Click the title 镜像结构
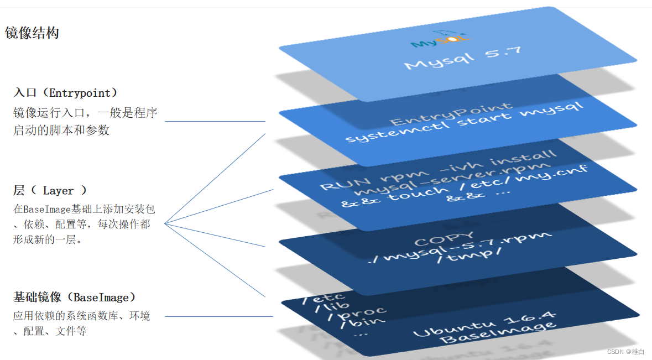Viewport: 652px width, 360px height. click(32, 33)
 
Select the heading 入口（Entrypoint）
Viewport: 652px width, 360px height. click(66, 93)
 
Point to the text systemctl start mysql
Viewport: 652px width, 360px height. click(463, 122)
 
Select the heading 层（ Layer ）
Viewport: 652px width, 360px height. click(50, 191)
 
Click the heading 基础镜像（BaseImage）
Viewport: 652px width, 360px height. click(75, 298)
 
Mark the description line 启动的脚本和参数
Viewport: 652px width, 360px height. click(61, 131)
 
